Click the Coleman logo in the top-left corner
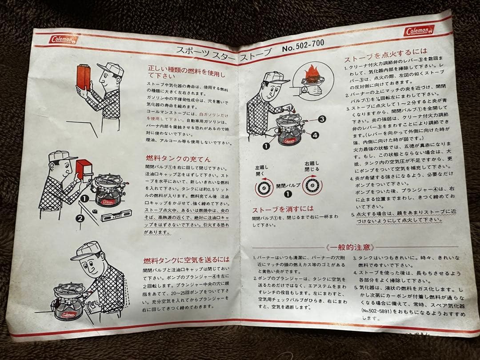click(x=64, y=39)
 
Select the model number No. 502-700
click(x=303, y=44)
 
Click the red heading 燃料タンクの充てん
click(x=176, y=159)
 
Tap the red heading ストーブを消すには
click(x=283, y=209)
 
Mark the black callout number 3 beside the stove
click(x=322, y=119)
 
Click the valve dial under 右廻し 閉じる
click(x=312, y=186)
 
